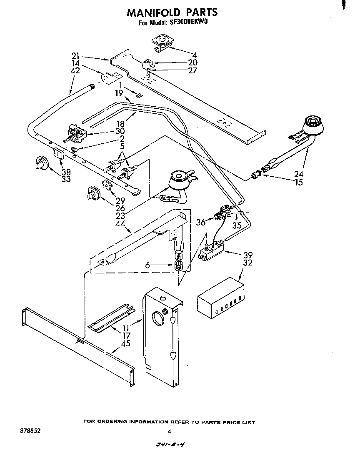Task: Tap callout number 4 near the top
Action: click(x=195, y=55)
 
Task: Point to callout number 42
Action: click(x=75, y=71)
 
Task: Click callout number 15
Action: click(x=298, y=183)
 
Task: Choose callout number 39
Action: click(x=247, y=255)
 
